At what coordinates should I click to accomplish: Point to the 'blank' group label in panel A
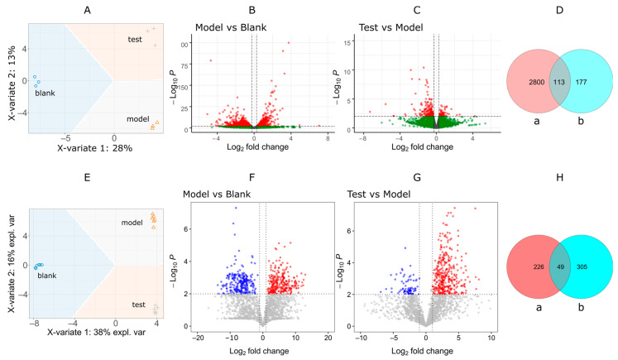click(45, 94)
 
